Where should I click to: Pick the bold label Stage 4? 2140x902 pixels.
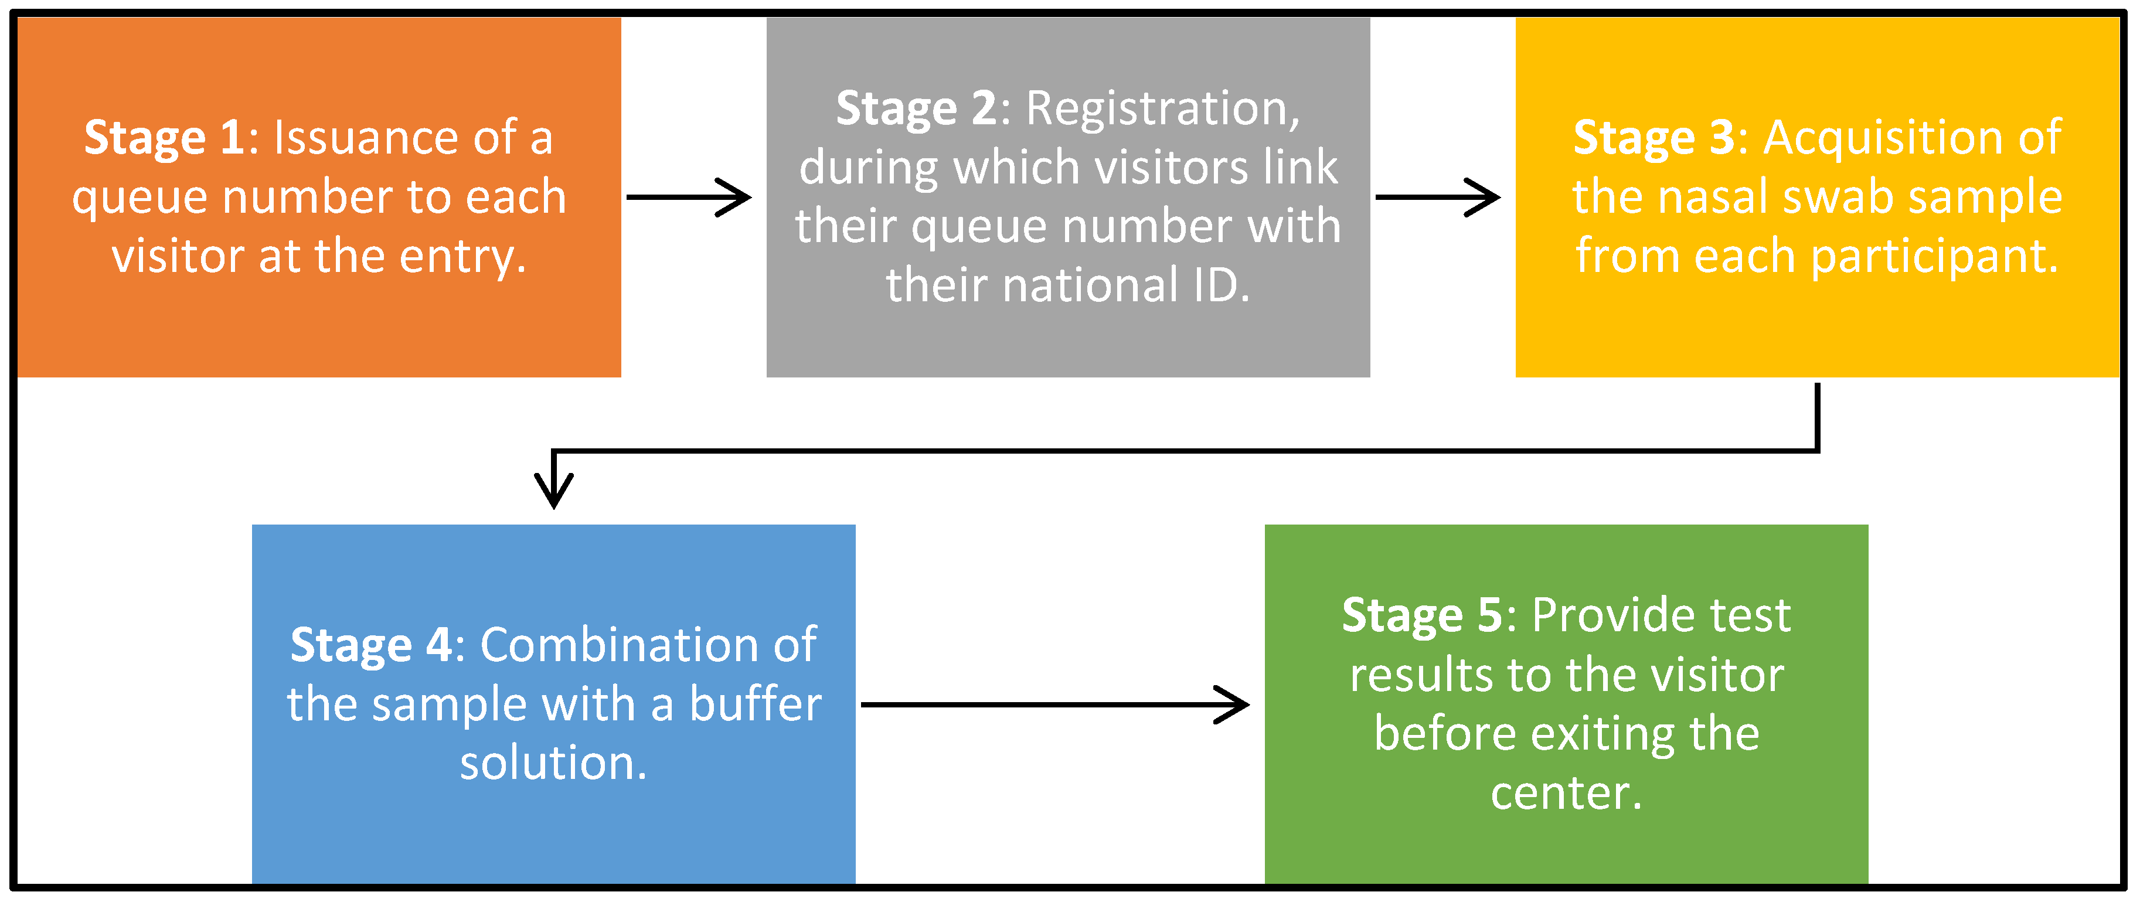click(x=370, y=645)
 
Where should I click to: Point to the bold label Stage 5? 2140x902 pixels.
click(x=1422, y=615)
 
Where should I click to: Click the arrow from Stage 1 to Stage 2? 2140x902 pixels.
click(x=688, y=198)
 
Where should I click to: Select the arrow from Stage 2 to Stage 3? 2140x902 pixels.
click(x=1437, y=198)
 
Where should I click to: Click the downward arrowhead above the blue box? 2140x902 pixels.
click(x=554, y=490)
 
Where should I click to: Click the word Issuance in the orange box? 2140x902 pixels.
click(x=366, y=138)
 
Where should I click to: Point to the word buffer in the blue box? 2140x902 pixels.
click(x=755, y=705)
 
